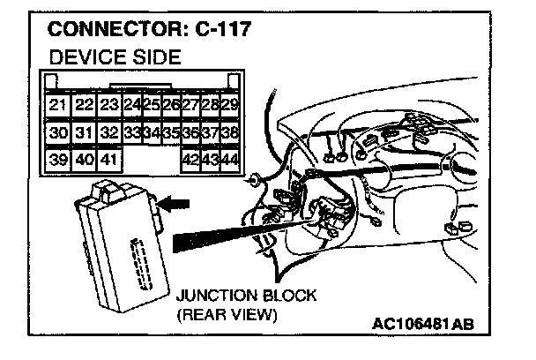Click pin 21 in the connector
(57, 105)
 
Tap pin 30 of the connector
(57, 133)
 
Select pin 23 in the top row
(109, 105)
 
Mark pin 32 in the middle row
(109, 133)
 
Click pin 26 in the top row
(172, 105)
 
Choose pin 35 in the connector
(172, 133)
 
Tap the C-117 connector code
(220, 30)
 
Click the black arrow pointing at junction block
(175, 204)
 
